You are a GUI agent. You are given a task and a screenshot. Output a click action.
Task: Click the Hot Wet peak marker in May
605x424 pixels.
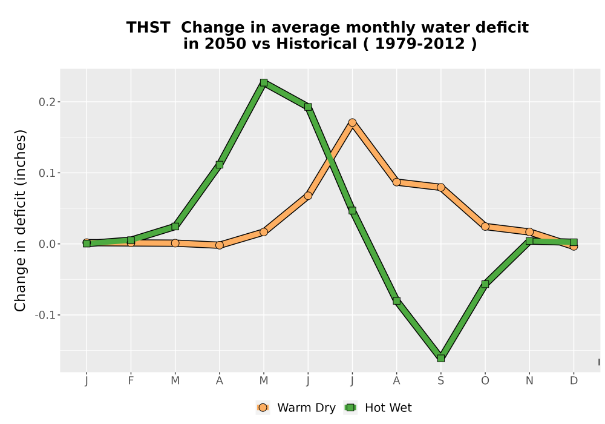pos(264,82)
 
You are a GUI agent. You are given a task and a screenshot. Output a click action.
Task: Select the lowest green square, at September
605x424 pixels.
pos(440,359)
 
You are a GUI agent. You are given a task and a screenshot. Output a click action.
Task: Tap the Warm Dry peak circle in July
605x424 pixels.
pos(352,122)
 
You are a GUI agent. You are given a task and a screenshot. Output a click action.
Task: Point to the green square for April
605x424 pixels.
pos(219,165)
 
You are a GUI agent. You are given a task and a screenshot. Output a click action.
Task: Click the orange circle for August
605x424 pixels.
pos(396,182)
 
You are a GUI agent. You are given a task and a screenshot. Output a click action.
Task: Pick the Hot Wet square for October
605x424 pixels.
pos(485,284)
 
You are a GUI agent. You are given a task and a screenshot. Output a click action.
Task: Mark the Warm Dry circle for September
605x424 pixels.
pos(440,187)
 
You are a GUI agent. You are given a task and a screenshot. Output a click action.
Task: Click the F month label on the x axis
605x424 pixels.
pos(131,381)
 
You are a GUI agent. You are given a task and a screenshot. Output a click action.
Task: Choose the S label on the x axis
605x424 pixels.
pos(440,381)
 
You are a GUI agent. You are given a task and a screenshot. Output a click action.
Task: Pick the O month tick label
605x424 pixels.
pos(485,381)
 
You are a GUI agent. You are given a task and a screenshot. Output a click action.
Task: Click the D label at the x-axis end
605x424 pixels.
pos(574,381)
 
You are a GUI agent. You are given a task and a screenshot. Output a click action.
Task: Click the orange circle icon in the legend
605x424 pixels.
pos(263,408)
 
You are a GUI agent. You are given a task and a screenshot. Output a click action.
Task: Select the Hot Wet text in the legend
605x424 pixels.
pos(388,408)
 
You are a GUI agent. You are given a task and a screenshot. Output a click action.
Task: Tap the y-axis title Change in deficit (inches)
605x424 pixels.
pos(20,220)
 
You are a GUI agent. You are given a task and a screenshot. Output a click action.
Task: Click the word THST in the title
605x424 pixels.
pos(148,28)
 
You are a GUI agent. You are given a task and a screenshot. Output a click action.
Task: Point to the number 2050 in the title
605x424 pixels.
pos(225,44)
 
